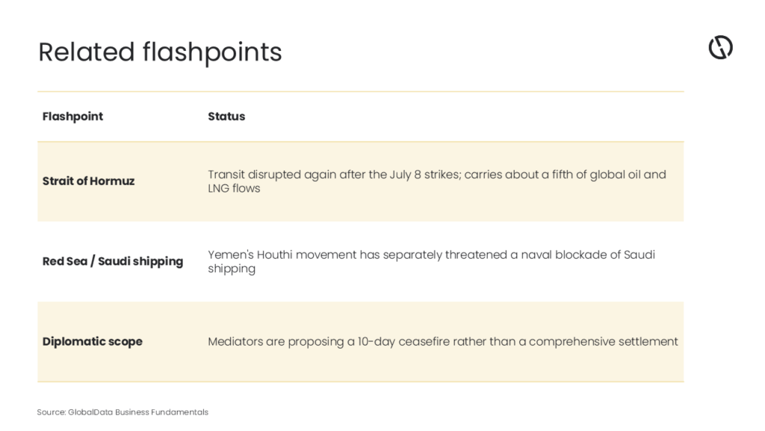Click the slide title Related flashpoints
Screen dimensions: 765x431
pos(160,52)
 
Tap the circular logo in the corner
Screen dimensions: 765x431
pos(721,47)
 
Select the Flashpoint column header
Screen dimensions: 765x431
pos(72,116)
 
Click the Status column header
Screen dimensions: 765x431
pos(226,116)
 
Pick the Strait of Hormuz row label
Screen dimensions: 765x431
pos(88,181)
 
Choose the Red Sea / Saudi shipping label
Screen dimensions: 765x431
pos(113,261)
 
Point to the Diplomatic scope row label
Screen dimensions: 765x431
pos(92,341)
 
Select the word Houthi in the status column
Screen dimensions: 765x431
pos(275,254)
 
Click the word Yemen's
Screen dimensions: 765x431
pos(231,254)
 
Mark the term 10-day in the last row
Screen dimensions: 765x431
pos(377,341)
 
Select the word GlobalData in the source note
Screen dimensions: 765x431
pos(90,412)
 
